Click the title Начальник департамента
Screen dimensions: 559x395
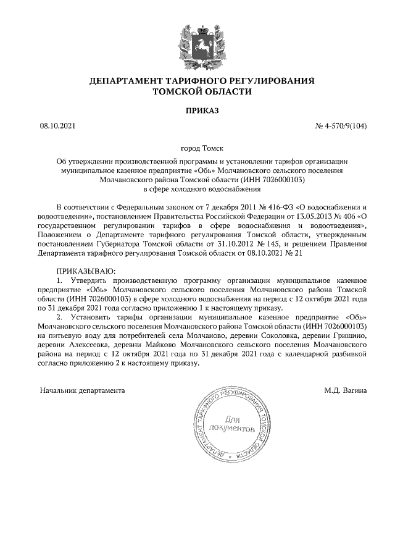pos(82,391)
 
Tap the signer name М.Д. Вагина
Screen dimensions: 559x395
pos(346,391)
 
